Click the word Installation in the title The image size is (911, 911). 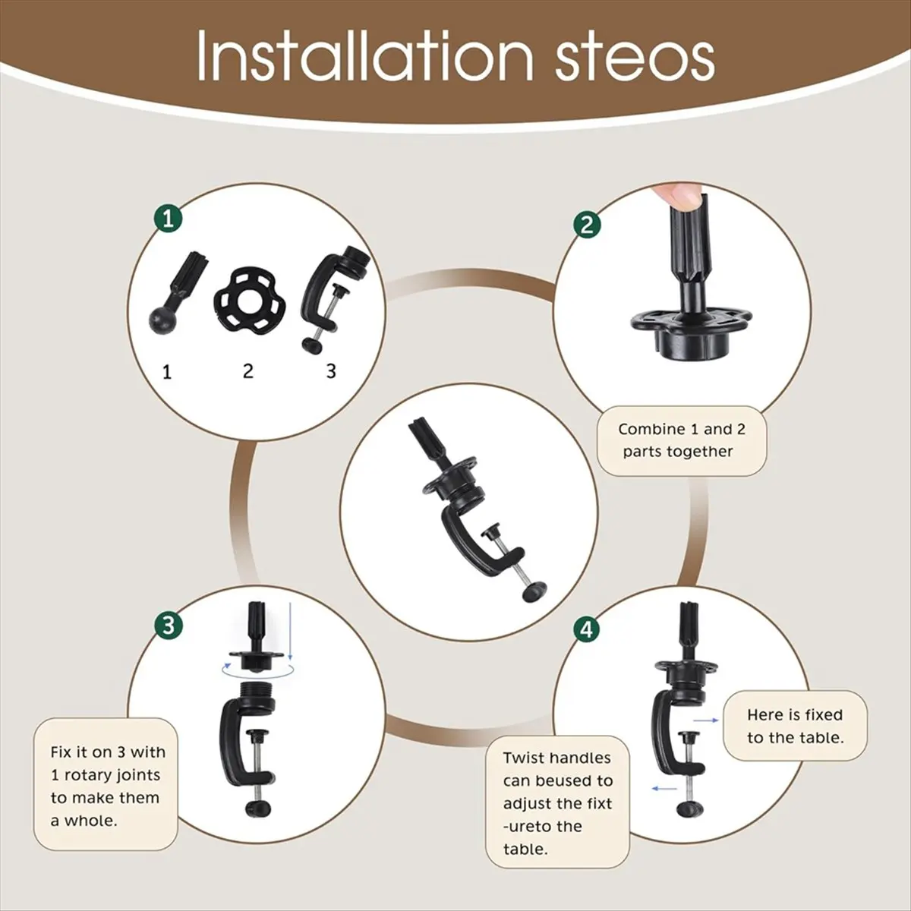click(365, 55)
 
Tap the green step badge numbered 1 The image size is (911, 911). click(169, 219)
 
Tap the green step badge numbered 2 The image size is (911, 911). click(587, 225)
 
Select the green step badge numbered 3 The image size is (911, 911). click(169, 626)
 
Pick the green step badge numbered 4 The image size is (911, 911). click(587, 629)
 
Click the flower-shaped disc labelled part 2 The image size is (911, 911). click(247, 301)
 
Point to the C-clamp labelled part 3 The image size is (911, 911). click(333, 298)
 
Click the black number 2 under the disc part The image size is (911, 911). click(247, 371)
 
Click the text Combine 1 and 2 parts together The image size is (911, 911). click(682, 440)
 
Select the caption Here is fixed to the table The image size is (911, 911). click(795, 727)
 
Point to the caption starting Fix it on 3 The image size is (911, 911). click(108, 786)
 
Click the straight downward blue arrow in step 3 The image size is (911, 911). click(289, 632)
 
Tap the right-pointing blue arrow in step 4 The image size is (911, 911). click(706, 720)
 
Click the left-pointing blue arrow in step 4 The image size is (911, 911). click(665, 788)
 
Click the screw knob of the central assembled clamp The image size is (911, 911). click(534, 592)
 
